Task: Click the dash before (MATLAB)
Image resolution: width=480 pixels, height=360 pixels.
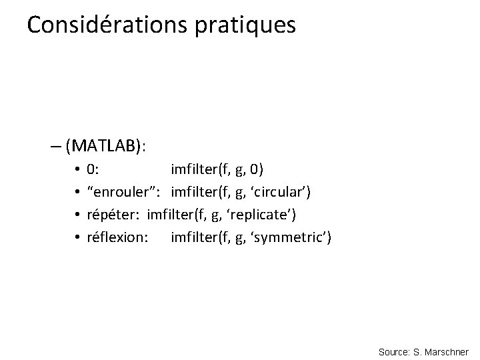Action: point(55,145)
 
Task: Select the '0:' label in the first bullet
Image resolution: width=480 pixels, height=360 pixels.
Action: point(94,169)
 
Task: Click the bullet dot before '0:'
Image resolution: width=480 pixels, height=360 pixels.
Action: point(78,169)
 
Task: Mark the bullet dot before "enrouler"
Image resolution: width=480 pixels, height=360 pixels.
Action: point(78,192)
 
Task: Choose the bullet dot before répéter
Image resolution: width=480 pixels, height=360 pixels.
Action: point(78,215)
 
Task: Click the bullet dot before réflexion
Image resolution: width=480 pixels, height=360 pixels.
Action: point(78,237)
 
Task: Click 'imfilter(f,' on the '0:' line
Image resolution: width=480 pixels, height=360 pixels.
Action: point(199,169)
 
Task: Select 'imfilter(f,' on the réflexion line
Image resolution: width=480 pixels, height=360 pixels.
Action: point(199,237)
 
